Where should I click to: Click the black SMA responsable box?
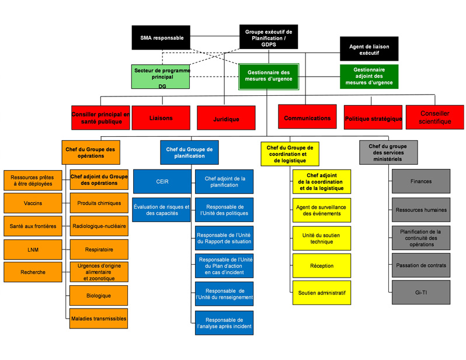point(161,37)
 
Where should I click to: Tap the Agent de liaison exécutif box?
point(368,49)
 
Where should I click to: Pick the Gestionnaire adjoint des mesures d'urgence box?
point(368,76)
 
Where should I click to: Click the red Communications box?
point(307,117)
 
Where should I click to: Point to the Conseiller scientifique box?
point(434,117)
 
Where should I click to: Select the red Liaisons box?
point(161,117)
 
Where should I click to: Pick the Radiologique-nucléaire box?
point(99,226)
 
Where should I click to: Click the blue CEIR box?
point(162,181)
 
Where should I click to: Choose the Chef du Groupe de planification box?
point(185,152)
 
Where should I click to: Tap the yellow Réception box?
point(322,266)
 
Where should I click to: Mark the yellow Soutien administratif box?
point(322,292)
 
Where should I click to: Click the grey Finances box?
point(420,181)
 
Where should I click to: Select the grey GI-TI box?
point(420,292)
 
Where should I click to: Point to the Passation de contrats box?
point(420,265)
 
